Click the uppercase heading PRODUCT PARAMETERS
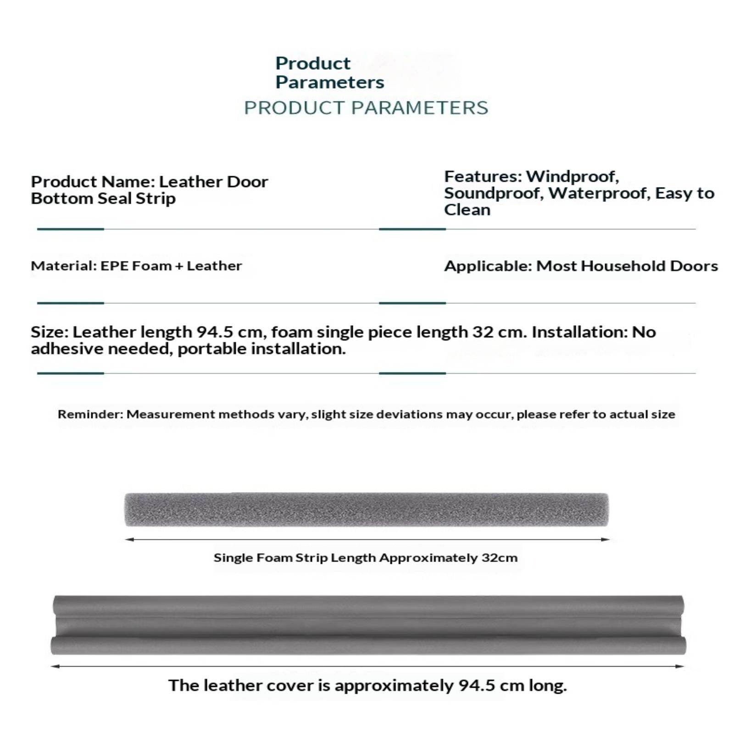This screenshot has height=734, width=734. (366, 108)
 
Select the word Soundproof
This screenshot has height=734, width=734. (494, 193)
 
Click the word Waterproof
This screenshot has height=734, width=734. (599, 193)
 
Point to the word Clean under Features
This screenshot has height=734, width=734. (467, 210)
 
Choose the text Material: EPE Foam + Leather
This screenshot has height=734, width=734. (136, 266)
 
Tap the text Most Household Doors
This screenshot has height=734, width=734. (627, 266)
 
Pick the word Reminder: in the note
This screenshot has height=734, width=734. (90, 414)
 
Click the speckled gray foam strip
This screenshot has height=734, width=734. (366, 509)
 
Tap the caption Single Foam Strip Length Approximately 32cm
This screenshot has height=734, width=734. (365, 558)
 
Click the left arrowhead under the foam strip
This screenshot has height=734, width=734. (129, 539)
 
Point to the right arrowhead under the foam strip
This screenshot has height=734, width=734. (605, 539)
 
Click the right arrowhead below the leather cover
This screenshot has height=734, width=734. (680, 666)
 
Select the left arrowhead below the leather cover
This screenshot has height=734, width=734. (55, 666)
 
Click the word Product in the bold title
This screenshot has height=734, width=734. (313, 63)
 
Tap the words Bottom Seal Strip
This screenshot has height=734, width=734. (103, 199)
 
